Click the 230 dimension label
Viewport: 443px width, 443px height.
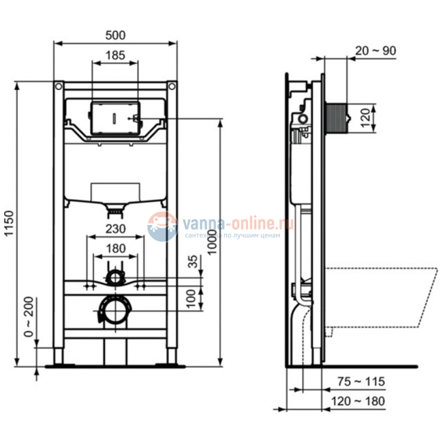coord(114,230)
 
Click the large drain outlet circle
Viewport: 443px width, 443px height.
coord(114,312)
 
